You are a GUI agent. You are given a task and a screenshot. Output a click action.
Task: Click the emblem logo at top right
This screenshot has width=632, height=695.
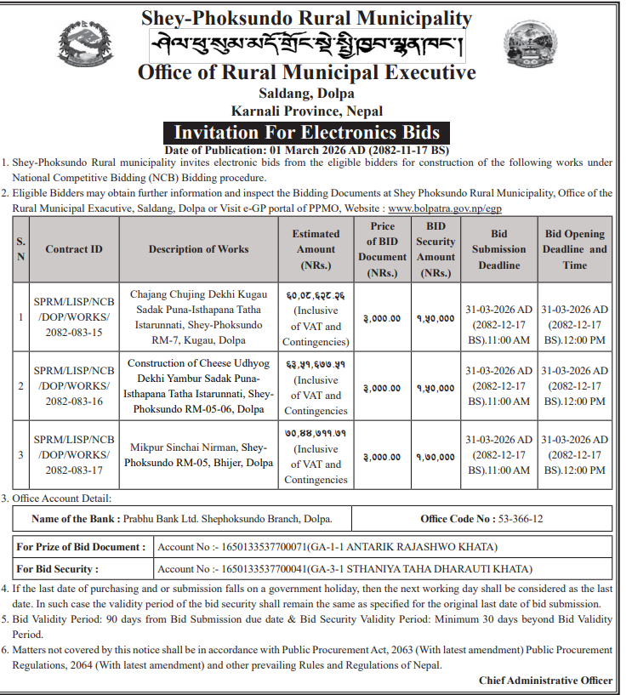point(531,47)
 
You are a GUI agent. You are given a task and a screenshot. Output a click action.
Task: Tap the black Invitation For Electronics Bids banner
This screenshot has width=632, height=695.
point(307,133)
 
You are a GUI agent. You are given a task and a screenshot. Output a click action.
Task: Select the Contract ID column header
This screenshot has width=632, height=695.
point(73,249)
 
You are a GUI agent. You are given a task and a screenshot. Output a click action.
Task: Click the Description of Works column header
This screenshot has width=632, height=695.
point(198,249)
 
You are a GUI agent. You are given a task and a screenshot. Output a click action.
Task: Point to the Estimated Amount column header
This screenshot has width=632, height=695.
point(316,249)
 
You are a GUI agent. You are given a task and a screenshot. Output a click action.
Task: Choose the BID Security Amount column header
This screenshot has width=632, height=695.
point(436,249)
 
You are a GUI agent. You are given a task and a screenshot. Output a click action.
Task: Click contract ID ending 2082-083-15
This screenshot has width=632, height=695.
point(73,318)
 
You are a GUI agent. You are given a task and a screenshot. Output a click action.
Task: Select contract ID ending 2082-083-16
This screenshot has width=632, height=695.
point(73,387)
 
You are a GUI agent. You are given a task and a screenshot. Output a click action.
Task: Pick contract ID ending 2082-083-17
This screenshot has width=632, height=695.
point(73,456)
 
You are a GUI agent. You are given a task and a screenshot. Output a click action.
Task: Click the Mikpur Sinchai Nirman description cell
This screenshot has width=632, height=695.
point(198,455)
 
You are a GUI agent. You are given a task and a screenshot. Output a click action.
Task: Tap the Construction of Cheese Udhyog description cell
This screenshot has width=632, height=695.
point(198,386)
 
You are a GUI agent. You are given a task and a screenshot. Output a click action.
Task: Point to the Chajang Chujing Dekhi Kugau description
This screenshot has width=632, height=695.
point(198,317)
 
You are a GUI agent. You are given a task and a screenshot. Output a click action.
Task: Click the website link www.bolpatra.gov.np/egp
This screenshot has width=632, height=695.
point(444,207)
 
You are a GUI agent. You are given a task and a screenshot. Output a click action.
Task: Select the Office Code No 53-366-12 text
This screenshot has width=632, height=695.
point(481,518)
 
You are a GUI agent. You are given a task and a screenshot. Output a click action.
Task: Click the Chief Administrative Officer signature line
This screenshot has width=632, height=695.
point(545,680)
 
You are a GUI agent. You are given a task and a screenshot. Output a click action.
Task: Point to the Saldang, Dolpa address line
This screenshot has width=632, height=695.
point(306,94)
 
